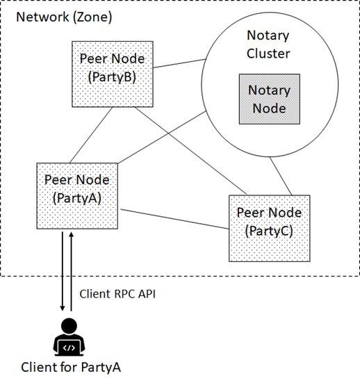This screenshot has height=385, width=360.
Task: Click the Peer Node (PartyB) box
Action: click(x=113, y=74)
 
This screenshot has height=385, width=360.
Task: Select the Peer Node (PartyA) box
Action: click(x=77, y=196)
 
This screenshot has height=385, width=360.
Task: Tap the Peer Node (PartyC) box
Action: click(x=270, y=229)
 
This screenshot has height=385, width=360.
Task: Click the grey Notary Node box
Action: click(x=270, y=99)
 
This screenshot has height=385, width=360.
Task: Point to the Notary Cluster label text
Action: click(x=268, y=44)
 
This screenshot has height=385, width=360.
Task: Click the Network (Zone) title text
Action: click(x=64, y=17)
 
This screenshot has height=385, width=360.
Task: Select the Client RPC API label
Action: click(x=117, y=294)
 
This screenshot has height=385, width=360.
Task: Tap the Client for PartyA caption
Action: click(x=71, y=368)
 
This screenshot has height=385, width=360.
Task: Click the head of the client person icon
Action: click(x=69, y=326)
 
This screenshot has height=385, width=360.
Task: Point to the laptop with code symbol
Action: click(x=69, y=348)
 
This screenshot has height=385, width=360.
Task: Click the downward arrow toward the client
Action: click(x=63, y=271)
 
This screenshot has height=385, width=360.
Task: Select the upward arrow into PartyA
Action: click(x=71, y=271)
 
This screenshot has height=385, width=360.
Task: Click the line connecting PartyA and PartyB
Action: click(x=91, y=135)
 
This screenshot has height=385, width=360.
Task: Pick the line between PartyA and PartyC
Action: click(x=175, y=219)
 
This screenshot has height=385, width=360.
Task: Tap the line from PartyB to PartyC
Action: click(x=191, y=151)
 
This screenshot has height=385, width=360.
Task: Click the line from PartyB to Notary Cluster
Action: click(x=179, y=63)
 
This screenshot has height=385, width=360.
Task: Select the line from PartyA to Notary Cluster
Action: click(x=162, y=138)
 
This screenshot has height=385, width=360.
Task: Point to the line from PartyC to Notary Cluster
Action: click(x=281, y=177)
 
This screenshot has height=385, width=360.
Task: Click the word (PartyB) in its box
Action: click(x=112, y=77)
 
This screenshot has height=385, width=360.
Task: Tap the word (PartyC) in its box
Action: click(x=269, y=231)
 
